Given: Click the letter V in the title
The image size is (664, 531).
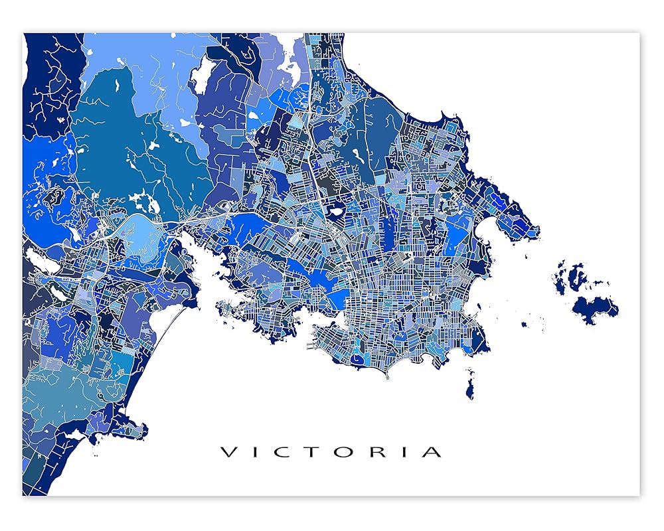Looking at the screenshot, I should tap(228, 453).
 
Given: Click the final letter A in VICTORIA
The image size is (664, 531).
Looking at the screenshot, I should tap(431, 453).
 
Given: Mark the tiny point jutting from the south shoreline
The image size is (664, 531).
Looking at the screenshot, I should tap(387, 376).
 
